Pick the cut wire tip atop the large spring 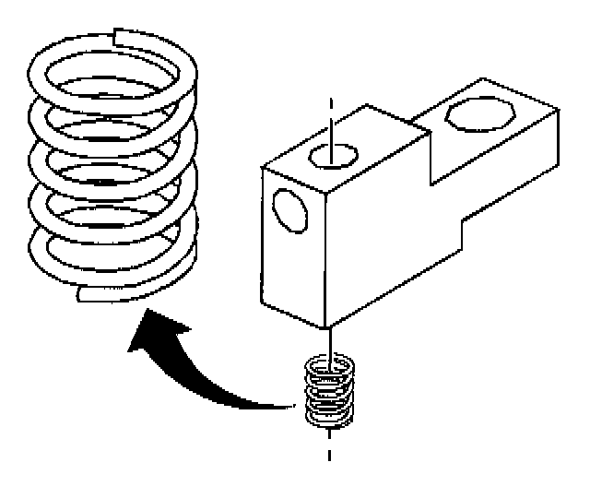tap(116, 37)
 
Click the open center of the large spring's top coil tap(111, 78)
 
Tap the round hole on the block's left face tap(291, 209)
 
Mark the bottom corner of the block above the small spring tap(326, 328)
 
